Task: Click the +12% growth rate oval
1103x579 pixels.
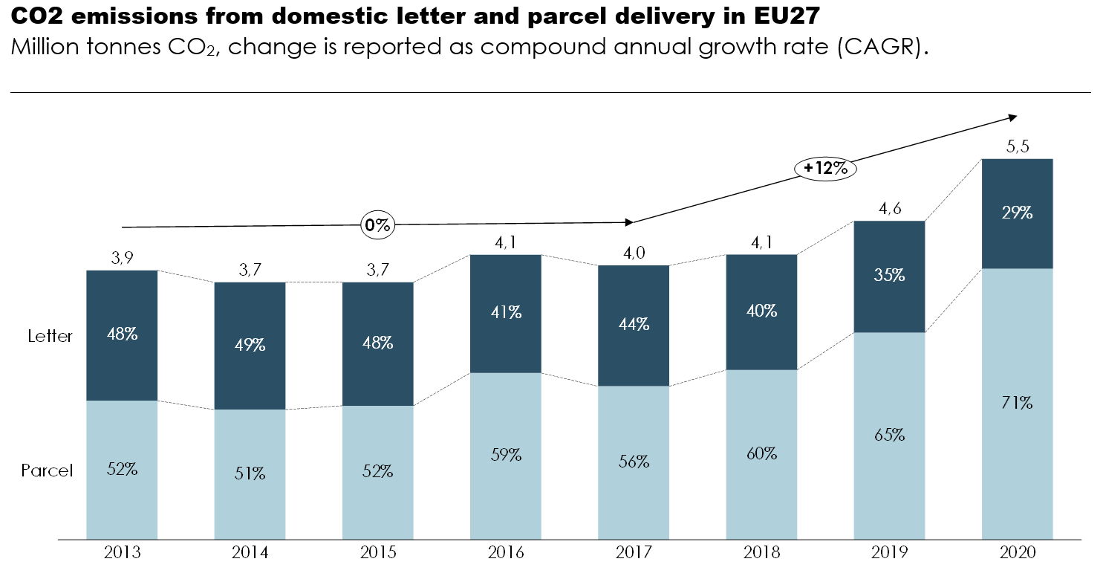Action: pyautogui.click(x=825, y=169)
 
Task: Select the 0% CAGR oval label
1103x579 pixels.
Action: pyautogui.click(x=377, y=225)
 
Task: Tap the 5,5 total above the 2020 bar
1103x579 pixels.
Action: pyautogui.click(x=1017, y=146)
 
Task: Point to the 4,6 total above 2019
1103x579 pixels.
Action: pyautogui.click(x=889, y=209)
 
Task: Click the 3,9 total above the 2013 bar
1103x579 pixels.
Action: pyautogui.click(x=122, y=258)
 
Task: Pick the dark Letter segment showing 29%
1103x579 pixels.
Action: pyautogui.click(x=1017, y=213)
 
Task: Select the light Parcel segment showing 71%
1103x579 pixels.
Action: pyautogui.click(x=1017, y=404)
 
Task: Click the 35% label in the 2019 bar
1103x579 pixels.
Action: pyautogui.click(x=889, y=275)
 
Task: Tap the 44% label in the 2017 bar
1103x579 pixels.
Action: pyautogui.click(x=634, y=324)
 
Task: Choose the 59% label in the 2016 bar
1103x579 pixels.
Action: pyautogui.click(x=506, y=454)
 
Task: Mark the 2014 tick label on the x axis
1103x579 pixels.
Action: pyautogui.click(x=250, y=553)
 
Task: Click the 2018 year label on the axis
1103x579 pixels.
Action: pyautogui.click(x=761, y=553)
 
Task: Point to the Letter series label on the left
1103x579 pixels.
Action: pyautogui.click(x=51, y=336)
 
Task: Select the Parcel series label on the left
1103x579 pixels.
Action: pyautogui.click(x=47, y=470)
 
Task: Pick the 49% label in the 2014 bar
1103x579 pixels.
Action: pyautogui.click(x=250, y=345)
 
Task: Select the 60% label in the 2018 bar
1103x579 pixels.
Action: pyautogui.click(x=761, y=453)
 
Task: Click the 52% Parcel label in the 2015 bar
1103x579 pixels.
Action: pyautogui.click(x=377, y=470)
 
